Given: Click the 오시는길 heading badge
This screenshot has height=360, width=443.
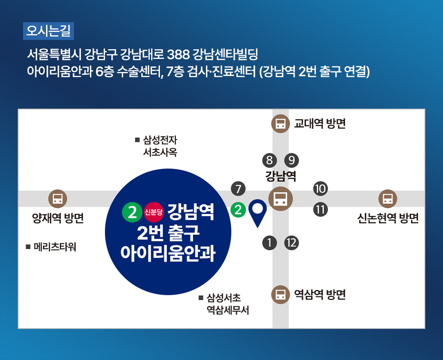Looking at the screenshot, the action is pos(48,31).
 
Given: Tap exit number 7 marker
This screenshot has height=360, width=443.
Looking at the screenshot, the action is pos(238,188).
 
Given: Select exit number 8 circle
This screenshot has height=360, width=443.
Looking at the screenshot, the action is pos(269,160).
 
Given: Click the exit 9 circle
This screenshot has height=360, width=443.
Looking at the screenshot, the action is pos(291,160).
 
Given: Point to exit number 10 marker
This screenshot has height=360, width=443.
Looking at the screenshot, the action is pos(320,188).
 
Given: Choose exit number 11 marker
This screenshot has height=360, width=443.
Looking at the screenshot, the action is pos(320,210).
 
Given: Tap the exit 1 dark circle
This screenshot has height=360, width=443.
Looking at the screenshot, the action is pos(269,243).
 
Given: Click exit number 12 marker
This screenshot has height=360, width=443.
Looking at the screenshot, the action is pos(291,243).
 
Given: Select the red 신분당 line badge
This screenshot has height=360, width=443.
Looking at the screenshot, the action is pos(154,212).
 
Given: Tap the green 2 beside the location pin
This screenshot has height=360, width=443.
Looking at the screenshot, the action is pos(238,210).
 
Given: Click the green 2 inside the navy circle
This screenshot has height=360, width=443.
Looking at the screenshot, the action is pos(132,212).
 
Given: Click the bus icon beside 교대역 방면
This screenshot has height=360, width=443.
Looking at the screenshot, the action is pos(280,124).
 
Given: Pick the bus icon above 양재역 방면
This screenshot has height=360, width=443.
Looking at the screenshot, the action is pos(58,199).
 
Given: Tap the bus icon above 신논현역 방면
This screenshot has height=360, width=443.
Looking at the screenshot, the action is pos(388,199).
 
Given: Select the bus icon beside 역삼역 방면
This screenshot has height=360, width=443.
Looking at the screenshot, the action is pos(280,295).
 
